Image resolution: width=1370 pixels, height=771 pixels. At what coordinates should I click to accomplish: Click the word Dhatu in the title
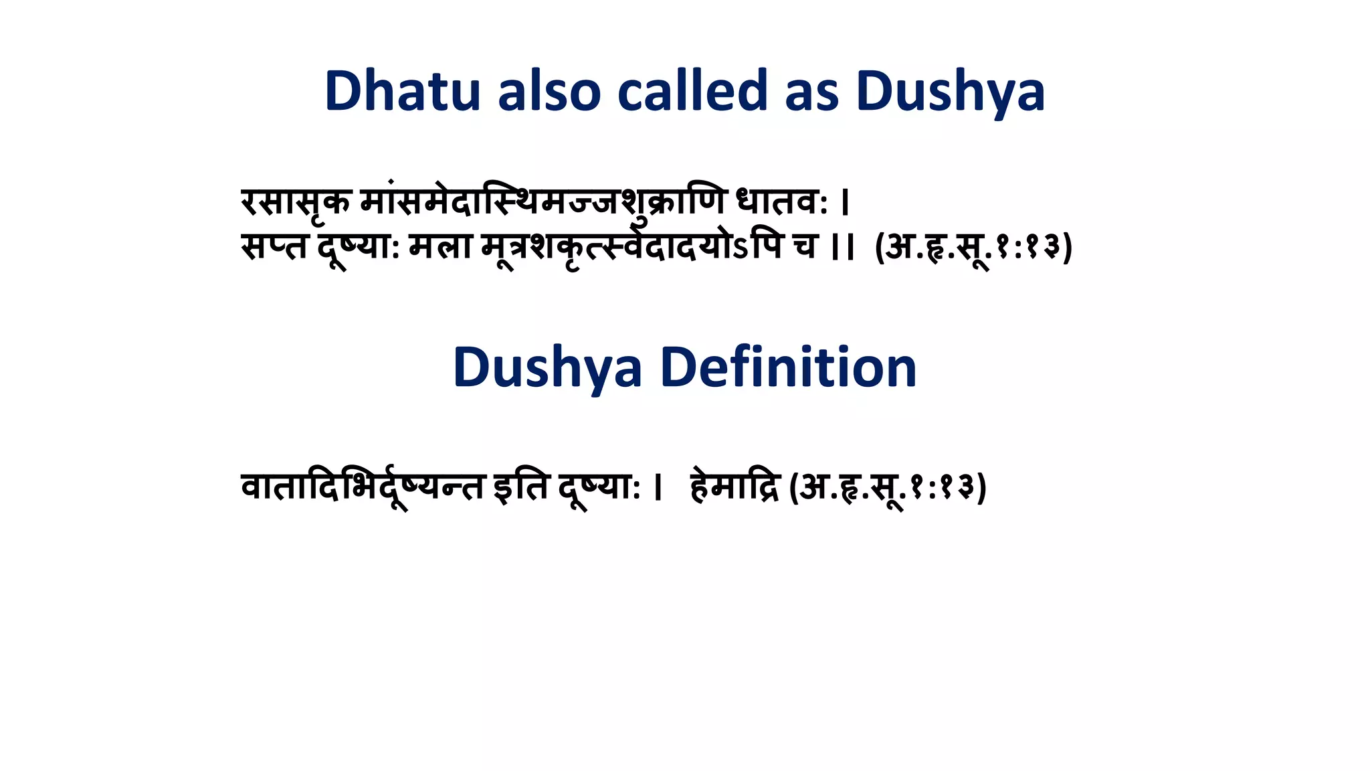[x=402, y=91]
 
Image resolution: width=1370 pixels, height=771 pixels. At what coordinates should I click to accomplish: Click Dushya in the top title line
[x=951, y=92]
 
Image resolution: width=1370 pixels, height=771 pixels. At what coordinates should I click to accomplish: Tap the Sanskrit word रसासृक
[x=296, y=202]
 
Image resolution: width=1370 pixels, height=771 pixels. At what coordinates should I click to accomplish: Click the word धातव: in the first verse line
[x=782, y=202]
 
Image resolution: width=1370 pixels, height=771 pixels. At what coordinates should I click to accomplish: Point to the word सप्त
[x=274, y=246]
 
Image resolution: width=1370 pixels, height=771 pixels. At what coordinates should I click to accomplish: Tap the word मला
[x=440, y=246]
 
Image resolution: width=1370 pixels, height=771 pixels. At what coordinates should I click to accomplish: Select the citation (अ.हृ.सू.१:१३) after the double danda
[x=974, y=247]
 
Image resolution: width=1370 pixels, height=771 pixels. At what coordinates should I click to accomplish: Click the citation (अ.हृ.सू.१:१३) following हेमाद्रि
[x=888, y=487]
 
